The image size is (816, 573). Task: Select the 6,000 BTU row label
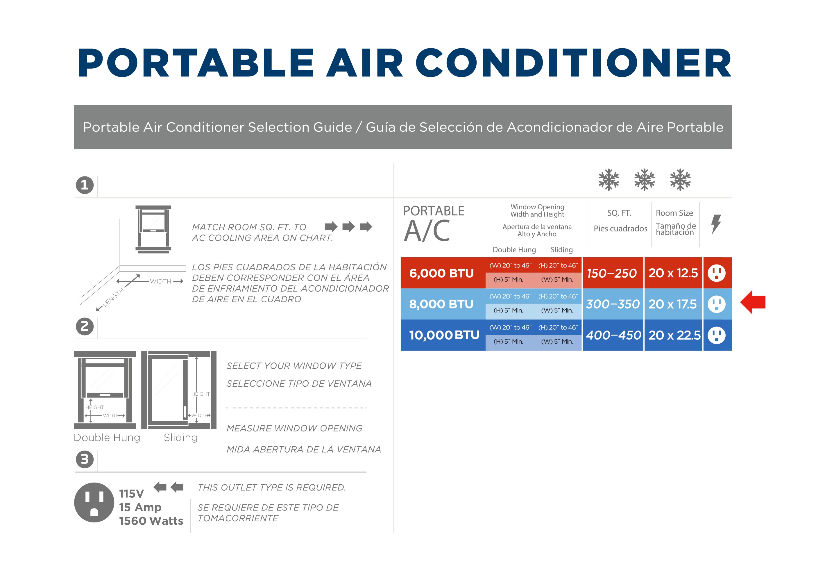[441, 273]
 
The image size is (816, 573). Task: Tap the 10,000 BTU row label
[444, 335]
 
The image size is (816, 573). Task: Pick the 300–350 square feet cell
[612, 304]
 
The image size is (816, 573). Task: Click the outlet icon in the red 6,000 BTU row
[717, 273]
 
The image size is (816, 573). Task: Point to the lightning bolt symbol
[716, 224]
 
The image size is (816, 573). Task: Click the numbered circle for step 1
[85, 185]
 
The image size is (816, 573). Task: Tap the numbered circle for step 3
[85, 459]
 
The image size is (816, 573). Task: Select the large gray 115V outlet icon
[94, 502]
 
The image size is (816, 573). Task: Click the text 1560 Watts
[151, 521]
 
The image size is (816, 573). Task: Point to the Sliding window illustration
[179, 390]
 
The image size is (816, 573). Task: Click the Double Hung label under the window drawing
[107, 438]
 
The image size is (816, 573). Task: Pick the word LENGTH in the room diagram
[113, 297]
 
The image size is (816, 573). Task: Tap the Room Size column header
[674, 213]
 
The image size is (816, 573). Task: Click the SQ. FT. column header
[619, 213]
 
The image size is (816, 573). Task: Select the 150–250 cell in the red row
[611, 273]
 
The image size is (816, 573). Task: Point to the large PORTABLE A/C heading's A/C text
[427, 231]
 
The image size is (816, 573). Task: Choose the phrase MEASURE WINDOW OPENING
[294, 428]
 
